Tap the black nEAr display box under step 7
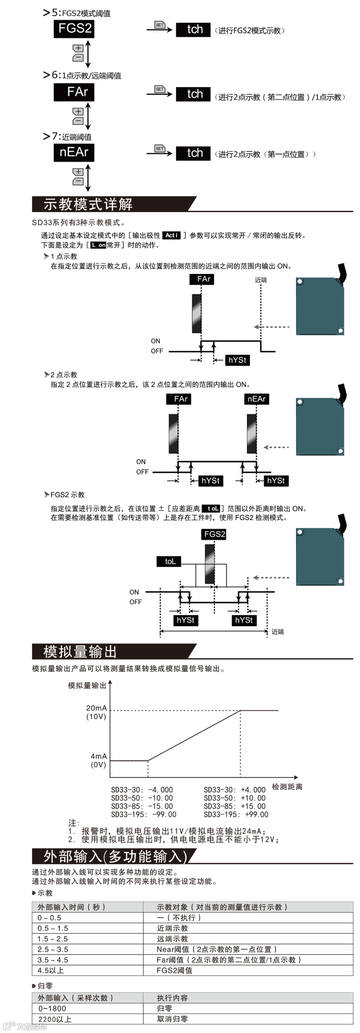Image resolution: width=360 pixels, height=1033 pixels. [x=74, y=152]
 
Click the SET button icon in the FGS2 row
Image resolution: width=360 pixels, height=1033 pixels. [x=160, y=25]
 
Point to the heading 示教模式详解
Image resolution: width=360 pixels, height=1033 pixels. [x=88, y=204]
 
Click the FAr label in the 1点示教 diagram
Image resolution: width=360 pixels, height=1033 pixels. [x=202, y=279]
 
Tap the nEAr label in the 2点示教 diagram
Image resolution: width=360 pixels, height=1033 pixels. [x=257, y=399]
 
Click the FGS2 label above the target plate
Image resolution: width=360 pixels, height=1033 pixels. [x=214, y=534]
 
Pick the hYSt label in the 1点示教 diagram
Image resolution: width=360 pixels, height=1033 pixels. [x=237, y=360]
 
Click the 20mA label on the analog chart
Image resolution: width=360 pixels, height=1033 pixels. [x=96, y=708]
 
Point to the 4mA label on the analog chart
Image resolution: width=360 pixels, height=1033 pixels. [x=99, y=756]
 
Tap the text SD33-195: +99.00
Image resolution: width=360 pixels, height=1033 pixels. [x=236, y=814]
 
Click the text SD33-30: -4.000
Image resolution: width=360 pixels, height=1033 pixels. [x=142, y=790]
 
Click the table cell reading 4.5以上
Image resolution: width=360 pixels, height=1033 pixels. [x=51, y=970]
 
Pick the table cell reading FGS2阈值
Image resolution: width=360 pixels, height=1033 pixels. [x=174, y=970]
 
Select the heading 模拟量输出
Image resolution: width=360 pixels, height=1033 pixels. [x=80, y=652]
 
